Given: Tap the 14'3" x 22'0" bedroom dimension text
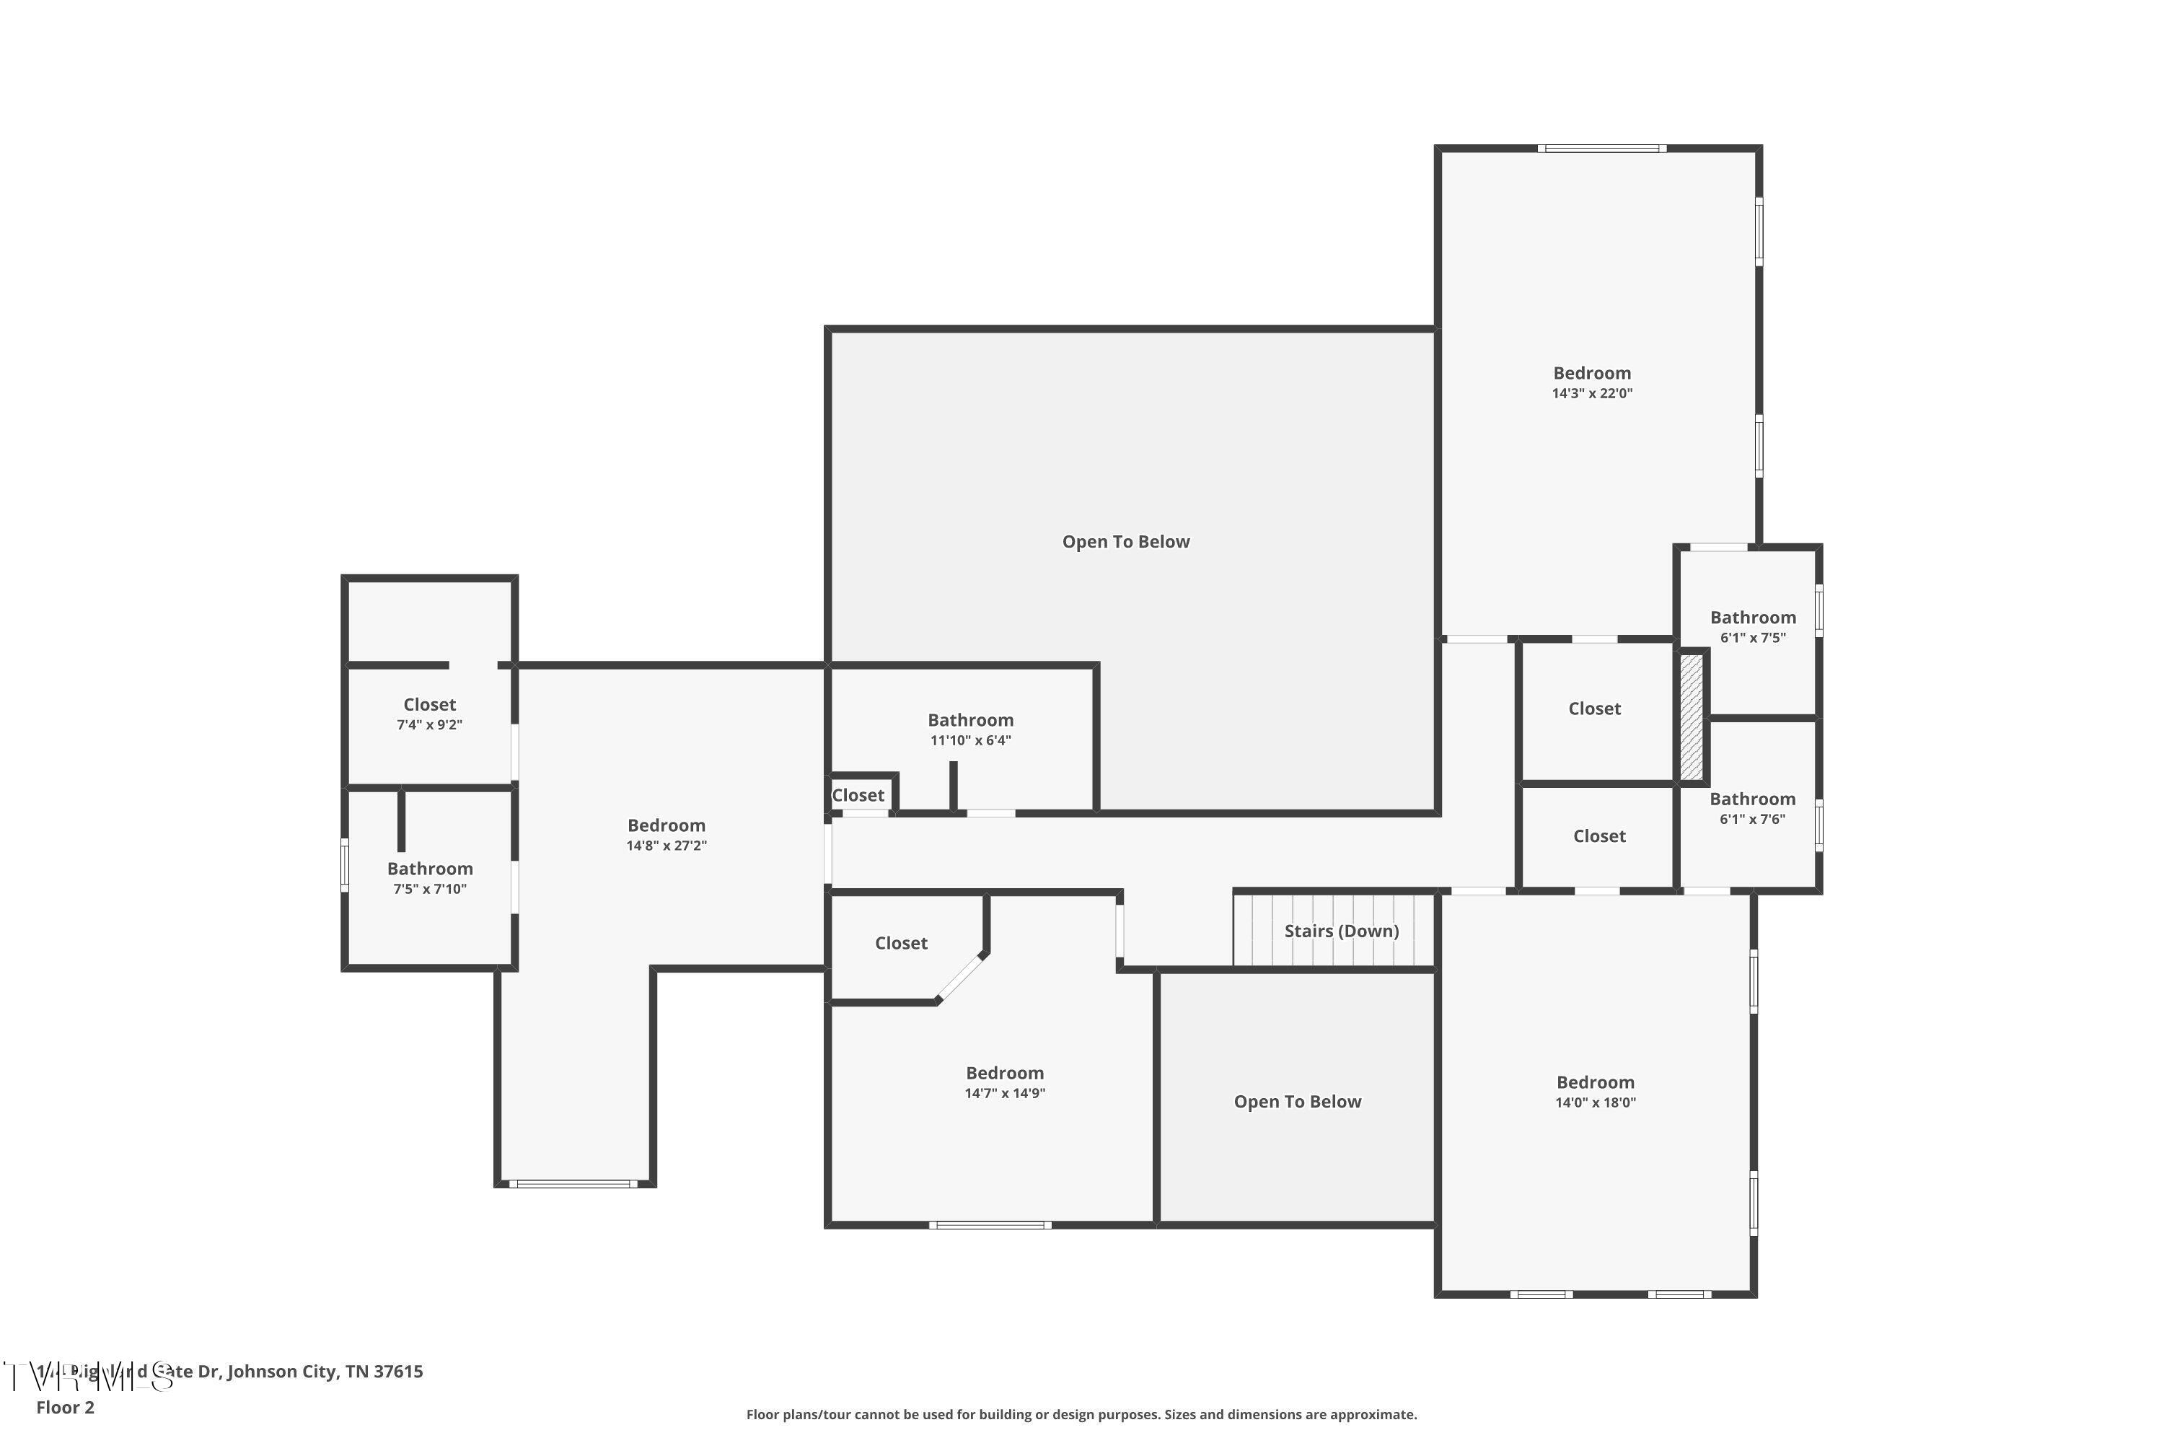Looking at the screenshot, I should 1592,393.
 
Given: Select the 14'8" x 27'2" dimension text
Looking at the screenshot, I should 666,846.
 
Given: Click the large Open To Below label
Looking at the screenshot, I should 1125,542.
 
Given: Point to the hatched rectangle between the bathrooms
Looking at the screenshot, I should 1691,717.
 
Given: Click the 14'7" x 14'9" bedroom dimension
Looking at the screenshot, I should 1005,1093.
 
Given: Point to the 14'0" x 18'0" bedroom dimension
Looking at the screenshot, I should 1596,1102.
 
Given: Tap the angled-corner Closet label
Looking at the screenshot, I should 901,943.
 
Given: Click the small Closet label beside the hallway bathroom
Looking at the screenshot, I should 858,795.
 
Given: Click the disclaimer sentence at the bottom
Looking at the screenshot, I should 1081,1414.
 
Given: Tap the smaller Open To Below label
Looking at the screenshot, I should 1296,1102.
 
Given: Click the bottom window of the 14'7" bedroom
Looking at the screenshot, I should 990,1225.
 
